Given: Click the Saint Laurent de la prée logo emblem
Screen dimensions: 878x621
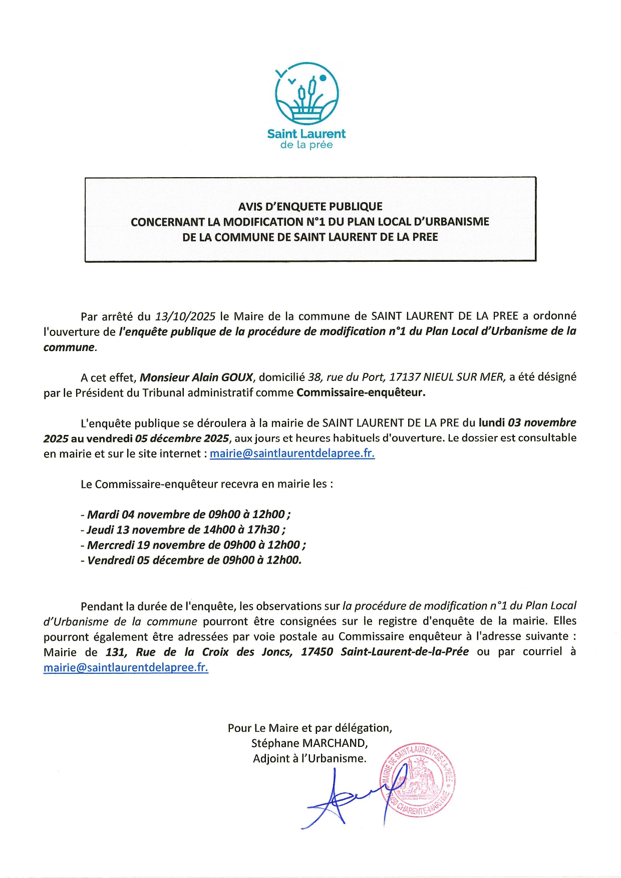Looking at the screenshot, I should point(306,94).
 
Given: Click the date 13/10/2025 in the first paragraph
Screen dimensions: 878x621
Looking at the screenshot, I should point(185,316).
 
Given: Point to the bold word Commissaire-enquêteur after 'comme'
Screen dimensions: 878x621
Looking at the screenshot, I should point(361,392).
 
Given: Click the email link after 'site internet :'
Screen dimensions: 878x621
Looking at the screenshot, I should point(292,454).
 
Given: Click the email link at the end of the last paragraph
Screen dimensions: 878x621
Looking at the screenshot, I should point(126,668).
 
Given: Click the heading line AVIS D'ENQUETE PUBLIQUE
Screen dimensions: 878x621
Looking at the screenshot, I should point(310,207).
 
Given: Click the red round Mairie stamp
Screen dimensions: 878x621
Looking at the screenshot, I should point(418,781).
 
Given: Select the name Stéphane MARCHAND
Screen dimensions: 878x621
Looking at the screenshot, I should point(309,743).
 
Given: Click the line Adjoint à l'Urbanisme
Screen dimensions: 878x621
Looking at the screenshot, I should point(309,759).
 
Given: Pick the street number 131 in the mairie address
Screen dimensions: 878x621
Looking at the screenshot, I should point(115,652).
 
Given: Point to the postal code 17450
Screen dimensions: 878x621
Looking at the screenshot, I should point(317,652).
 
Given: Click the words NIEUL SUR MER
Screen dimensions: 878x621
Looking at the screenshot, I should point(464,377).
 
